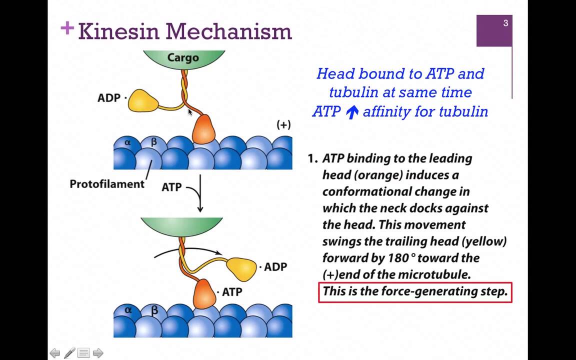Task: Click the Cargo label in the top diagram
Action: tap(183, 58)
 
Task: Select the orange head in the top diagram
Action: tap(203, 129)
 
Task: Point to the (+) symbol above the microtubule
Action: tap(283, 125)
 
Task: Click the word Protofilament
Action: tap(107, 184)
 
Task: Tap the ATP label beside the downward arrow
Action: tap(171, 187)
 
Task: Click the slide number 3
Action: tap(505, 23)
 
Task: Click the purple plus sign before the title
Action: tap(67, 28)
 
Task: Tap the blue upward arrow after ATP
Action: tap(352, 112)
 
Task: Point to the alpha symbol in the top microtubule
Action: tap(127, 142)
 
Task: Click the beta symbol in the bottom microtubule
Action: tap(154, 310)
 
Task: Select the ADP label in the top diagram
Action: tap(108, 98)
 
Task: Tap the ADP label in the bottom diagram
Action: tap(275, 267)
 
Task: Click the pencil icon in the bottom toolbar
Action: tap(69, 353)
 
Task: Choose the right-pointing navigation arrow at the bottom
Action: tap(98, 353)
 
